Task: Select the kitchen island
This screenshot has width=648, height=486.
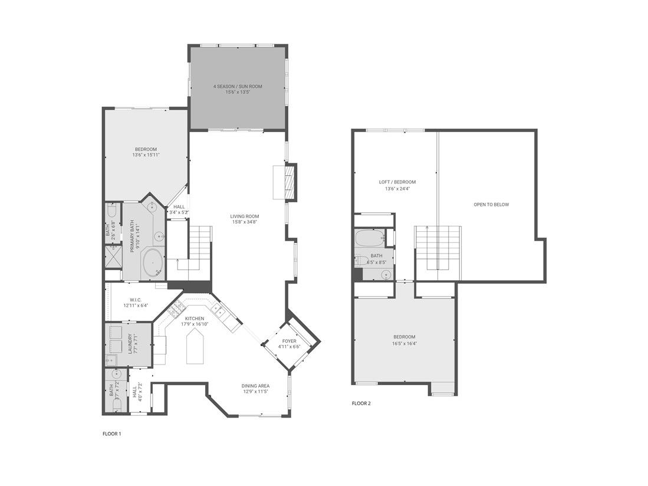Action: [x=195, y=347]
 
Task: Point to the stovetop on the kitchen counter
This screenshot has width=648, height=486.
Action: [x=175, y=309]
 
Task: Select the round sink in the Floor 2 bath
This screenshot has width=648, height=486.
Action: [x=386, y=274]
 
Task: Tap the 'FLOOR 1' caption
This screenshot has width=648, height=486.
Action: [x=111, y=434]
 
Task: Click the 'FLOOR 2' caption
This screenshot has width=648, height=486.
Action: [x=361, y=404]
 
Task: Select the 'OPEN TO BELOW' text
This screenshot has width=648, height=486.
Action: [x=491, y=205]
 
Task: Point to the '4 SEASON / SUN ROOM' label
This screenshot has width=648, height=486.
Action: [x=238, y=87]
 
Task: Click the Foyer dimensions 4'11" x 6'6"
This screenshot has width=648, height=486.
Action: [x=289, y=347]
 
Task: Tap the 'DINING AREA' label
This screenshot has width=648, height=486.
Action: [x=255, y=386]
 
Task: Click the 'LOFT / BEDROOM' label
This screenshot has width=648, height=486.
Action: [x=397, y=182]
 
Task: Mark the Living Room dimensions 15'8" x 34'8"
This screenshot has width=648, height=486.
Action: [x=244, y=222]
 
